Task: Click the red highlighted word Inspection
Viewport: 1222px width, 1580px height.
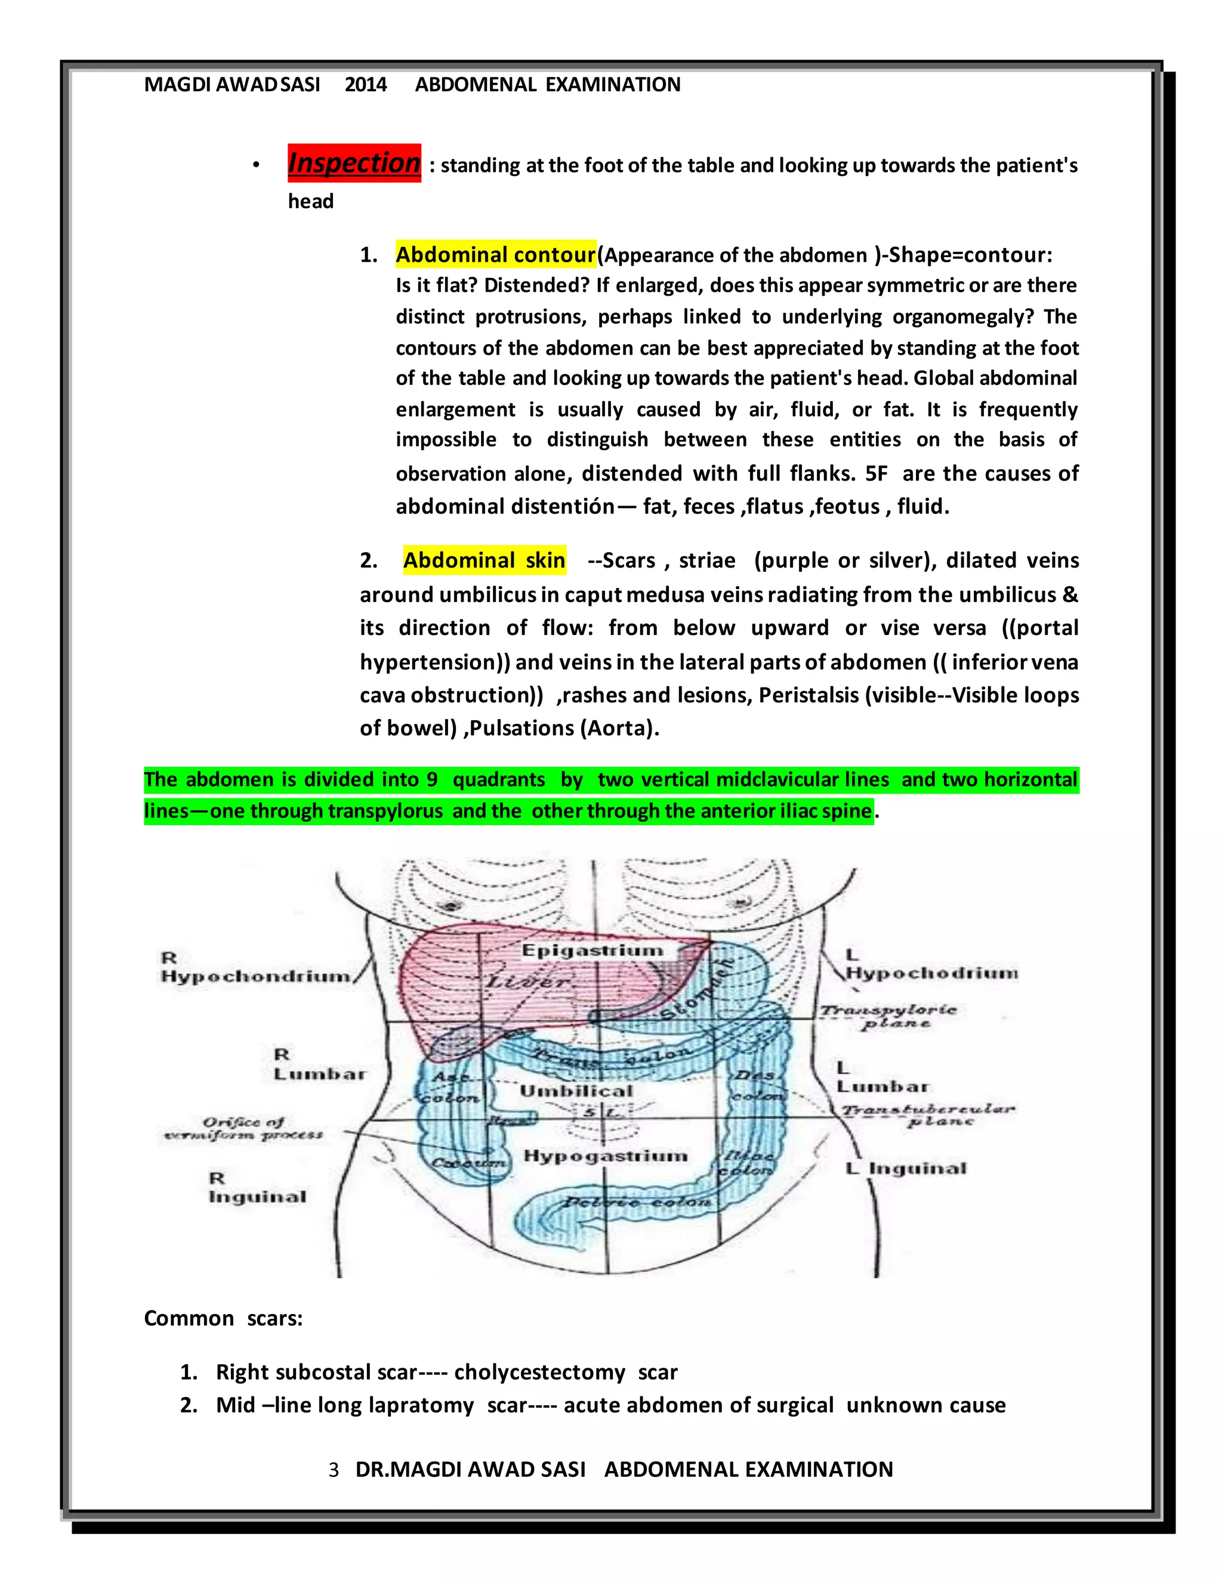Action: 354,163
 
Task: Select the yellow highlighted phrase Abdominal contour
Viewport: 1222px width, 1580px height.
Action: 495,255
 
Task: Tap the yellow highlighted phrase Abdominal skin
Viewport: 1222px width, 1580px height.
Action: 485,560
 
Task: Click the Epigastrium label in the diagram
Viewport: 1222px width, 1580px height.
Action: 592,950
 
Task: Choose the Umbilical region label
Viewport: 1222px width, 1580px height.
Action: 576,1090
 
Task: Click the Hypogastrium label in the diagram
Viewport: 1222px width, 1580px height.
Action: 605,1156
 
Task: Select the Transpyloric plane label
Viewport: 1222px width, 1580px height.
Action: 888,1016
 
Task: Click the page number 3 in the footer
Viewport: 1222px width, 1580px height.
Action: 334,1470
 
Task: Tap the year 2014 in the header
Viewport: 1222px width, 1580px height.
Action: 366,85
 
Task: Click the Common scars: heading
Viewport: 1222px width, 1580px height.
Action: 223,1318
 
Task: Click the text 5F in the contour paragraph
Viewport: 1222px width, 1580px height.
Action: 876,474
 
